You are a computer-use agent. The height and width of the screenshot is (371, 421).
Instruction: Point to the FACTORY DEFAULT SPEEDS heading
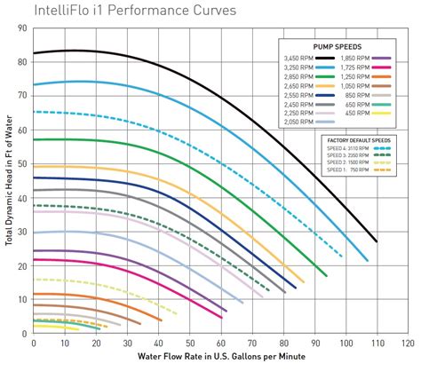point(355,138)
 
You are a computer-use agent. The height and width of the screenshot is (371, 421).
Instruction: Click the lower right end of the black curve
point(376,241)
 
